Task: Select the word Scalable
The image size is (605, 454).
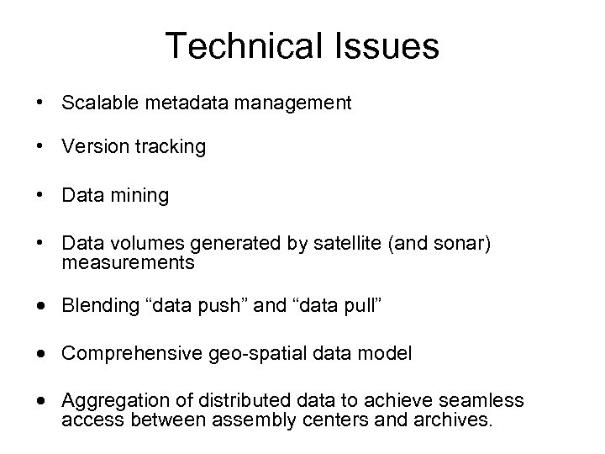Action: tap(97, 103)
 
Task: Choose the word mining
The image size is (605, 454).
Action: tap(137, 196)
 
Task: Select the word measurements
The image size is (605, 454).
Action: tap(128, 262)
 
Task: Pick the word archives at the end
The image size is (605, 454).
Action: tap(455, 419)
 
